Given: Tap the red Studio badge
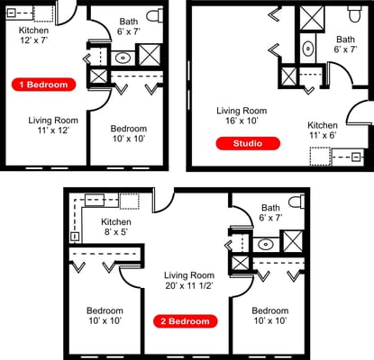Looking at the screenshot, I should pyautogui.click(x=247, y=142).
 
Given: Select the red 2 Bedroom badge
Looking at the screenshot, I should pyautogui.click(x=187, y=320).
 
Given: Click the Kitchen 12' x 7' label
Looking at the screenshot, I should pyautogui.click(x=35, y=35).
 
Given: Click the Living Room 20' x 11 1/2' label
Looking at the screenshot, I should pyautogui.click(x=188, y=282).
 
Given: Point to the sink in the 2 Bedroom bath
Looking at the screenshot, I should pyautogui.click(x=265, y=244).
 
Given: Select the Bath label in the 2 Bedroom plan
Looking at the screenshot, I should pyautogui.click(x=270, y=213).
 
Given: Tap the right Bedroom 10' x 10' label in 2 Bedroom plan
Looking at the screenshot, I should pyautogui.click(x=269, y=316).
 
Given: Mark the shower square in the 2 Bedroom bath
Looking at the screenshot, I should pyautogui.click(x=292, y=241).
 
